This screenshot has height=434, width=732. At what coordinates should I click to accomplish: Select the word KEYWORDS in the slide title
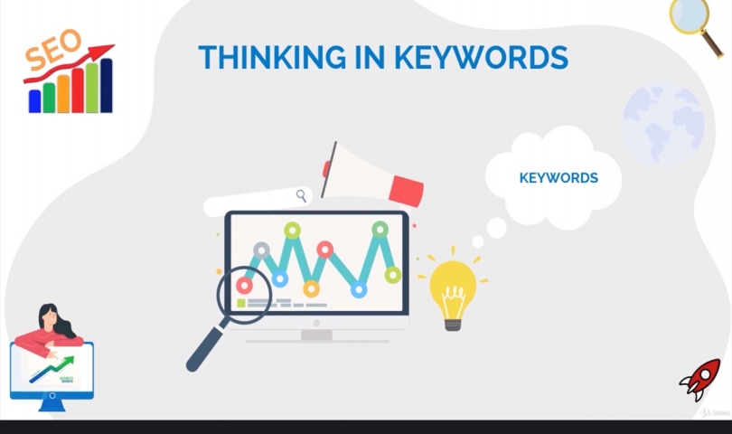pyautogui.click(x=480, y=57)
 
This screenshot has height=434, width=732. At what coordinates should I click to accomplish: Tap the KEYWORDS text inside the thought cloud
pyautogui.click(x=558, y=178)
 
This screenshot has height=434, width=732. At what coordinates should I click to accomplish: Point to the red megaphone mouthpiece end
pyautogui.click(x=408, y=190)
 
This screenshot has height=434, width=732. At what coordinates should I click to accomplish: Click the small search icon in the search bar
pyautogui.click(x=301, y=196)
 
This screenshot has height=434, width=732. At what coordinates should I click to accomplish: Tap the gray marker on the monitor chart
pyautogui.click(x=261, y=250)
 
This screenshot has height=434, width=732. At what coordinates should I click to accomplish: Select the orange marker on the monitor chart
pyautogui.click(x=311, y=288)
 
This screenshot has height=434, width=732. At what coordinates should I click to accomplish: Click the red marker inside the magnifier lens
pyautogui.click(x=244, y=286)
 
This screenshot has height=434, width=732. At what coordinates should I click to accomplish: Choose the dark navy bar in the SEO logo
pyautogui.click(x=107, y=86)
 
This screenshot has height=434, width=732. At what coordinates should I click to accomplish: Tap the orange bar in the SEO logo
pyautogui.click(x=63, y=93)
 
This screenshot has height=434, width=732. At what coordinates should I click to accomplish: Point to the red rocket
pyautogui.click(x=700, y=379)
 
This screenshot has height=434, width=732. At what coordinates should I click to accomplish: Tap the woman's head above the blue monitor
pyautogui.click(x=51, y=316)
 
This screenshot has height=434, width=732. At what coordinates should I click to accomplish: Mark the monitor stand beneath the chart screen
pyautogui.click(x=316, y=334)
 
